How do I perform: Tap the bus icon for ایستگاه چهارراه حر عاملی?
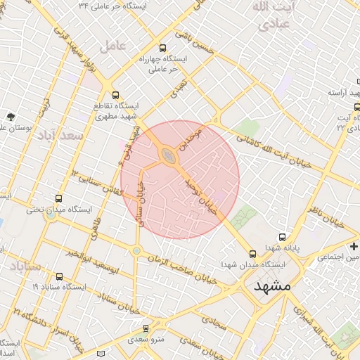(x=163, y=49)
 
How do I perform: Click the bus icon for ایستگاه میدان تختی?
(x=58, y=199)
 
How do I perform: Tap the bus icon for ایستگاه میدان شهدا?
(x=252, y=254)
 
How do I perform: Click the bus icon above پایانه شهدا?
(x=282, y=238)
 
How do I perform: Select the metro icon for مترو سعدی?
(x=146, y=328)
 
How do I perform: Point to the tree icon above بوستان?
(x=10, y=116)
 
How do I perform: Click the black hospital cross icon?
(x=354, y=246)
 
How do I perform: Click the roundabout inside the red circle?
(x=169, y=154)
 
